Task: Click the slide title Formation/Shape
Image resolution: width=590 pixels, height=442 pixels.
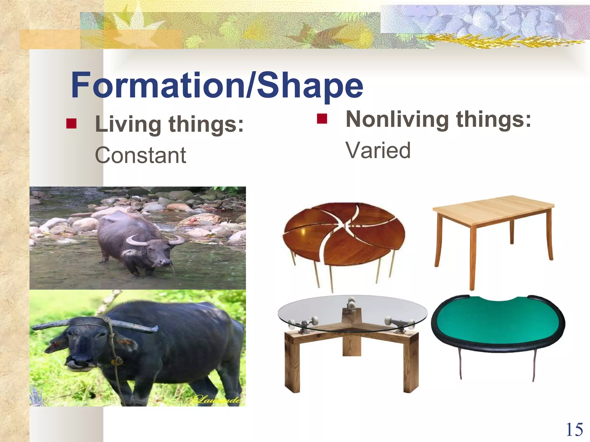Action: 217,85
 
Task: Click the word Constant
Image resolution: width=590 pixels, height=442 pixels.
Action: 140,155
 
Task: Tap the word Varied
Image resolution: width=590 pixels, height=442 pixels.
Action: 378,150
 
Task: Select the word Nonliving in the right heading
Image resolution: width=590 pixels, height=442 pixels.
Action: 397,119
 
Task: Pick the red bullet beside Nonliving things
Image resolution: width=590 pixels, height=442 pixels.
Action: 322,119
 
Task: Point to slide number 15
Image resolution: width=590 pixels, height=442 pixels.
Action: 574,430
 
